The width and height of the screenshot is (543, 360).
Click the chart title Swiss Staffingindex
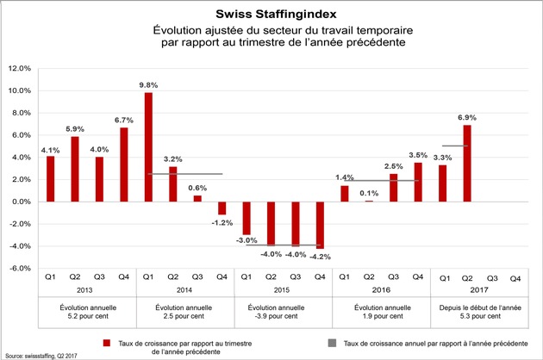tap(276, 14)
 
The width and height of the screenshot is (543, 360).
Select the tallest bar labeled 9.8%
tap(148, 147)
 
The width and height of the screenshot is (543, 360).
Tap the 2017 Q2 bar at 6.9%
tap(467, 164)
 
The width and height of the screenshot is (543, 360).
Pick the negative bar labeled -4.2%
tap(320, 225)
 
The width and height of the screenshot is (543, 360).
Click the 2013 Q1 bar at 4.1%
tap(51, 179)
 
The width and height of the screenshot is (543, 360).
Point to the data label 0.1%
tap(369, 193)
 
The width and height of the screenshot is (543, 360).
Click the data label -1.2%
tap(222, 223)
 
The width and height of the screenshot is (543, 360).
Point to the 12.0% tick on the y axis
tap(20, 69)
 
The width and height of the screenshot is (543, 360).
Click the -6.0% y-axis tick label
tap(20, 268)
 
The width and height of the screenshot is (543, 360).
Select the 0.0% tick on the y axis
tap(22, 202)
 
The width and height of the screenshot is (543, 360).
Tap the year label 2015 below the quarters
tap(282, 290)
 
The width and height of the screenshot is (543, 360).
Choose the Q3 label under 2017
tap(492, 278)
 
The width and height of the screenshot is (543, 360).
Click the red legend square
tap(107, 343)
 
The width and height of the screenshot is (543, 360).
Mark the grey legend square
tap(332, 343)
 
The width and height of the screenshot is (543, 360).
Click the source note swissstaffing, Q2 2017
tap(41, 356)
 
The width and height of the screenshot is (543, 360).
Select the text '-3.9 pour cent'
tap(277, 316)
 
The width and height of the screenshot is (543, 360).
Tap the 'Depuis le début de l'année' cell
tap(480, 307)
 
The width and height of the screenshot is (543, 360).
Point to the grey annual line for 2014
tap(185, 174)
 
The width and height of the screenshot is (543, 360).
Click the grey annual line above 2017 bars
tap(455, 146)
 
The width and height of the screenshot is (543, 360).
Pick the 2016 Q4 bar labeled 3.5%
tap(418, 182)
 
